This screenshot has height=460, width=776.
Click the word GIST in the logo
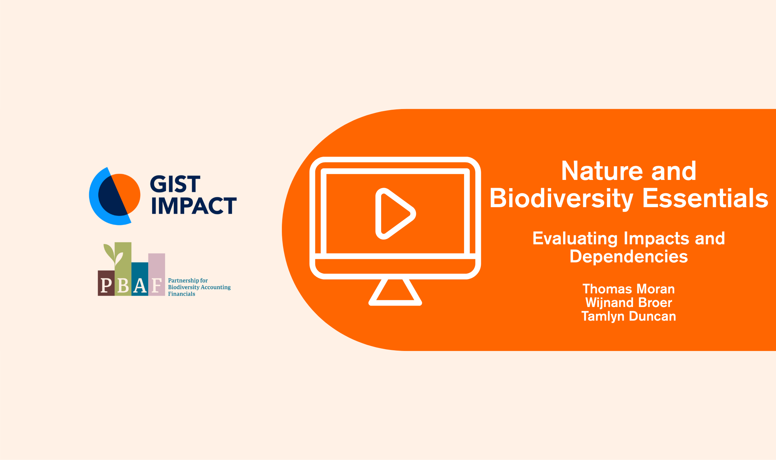pyautogui.click(x=175, y=184)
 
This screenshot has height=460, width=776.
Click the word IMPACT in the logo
pyautogui.click(x=194, y=205)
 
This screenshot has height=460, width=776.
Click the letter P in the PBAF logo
pyautogui.click(x=106, y=285)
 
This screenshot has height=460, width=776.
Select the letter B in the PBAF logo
pyautogui.click(x=123, y=285)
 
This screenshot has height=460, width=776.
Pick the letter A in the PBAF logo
pyautogui.click(x=140, y=285)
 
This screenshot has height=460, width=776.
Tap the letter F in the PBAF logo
pyautogui.click(x=157, y=285)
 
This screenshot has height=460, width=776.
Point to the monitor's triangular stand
pyautogui.click(x=395, y=292)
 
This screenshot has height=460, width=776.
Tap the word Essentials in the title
pyautogui.click(x=705, y=198)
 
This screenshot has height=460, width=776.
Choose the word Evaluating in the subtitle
pyautogui.click(x=575, y=239)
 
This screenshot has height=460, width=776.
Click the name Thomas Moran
pyautogui.click(x=629, y=289)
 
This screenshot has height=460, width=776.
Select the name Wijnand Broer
pyautogui.click(x=629, y=303)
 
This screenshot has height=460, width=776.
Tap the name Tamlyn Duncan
pyautogui.click(x=629, y=317)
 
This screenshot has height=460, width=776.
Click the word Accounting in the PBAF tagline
pyautogui.click(x=216, y=288)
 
